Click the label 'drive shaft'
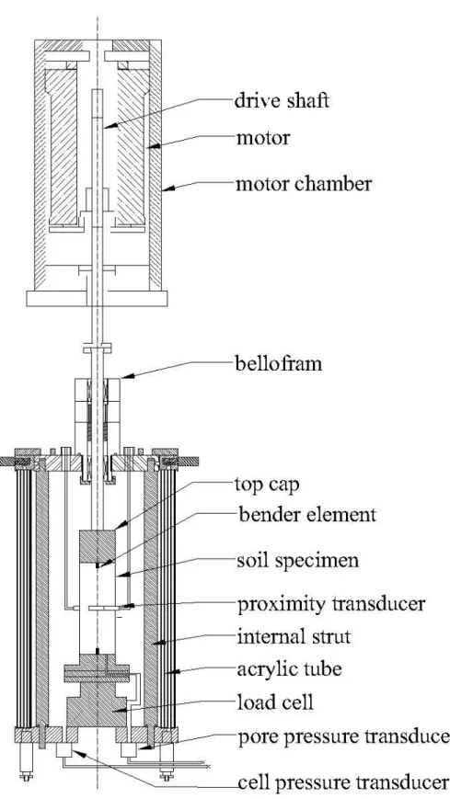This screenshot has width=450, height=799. [282, 100]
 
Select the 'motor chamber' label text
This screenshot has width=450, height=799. [304, 183]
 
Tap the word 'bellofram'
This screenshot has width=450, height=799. [279, 364]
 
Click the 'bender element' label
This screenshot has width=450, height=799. [307, 515]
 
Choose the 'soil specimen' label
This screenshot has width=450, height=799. [298, 561]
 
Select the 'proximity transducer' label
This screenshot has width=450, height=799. [331, 604]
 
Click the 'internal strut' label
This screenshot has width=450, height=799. [294, 636]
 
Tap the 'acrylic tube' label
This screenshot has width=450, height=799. [289, 669]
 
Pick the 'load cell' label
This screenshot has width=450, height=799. [275, 702]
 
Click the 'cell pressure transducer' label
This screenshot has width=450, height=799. [343, 782]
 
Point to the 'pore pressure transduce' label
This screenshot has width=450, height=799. [343, 736]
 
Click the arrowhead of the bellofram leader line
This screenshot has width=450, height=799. [126, 376]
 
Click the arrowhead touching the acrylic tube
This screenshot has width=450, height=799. [175, 672]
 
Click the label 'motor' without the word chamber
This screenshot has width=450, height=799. [263, 138]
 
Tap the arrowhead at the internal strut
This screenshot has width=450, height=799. [160, 644]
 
